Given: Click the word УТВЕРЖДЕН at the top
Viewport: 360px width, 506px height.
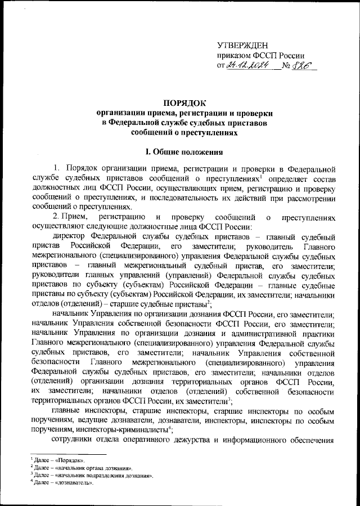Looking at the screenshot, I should coord(242,46).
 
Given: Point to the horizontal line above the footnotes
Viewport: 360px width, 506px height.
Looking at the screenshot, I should coord(67,454).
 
